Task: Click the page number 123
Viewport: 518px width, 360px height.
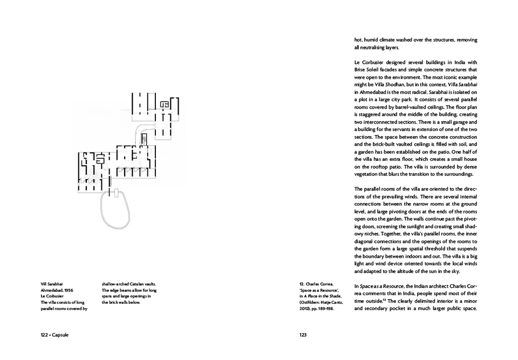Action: point(303,335)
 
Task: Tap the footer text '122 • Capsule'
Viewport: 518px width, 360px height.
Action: point(54,335)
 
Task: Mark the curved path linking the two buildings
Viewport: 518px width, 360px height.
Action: point(141,128)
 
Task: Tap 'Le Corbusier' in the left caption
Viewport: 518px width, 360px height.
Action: point(53,296)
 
